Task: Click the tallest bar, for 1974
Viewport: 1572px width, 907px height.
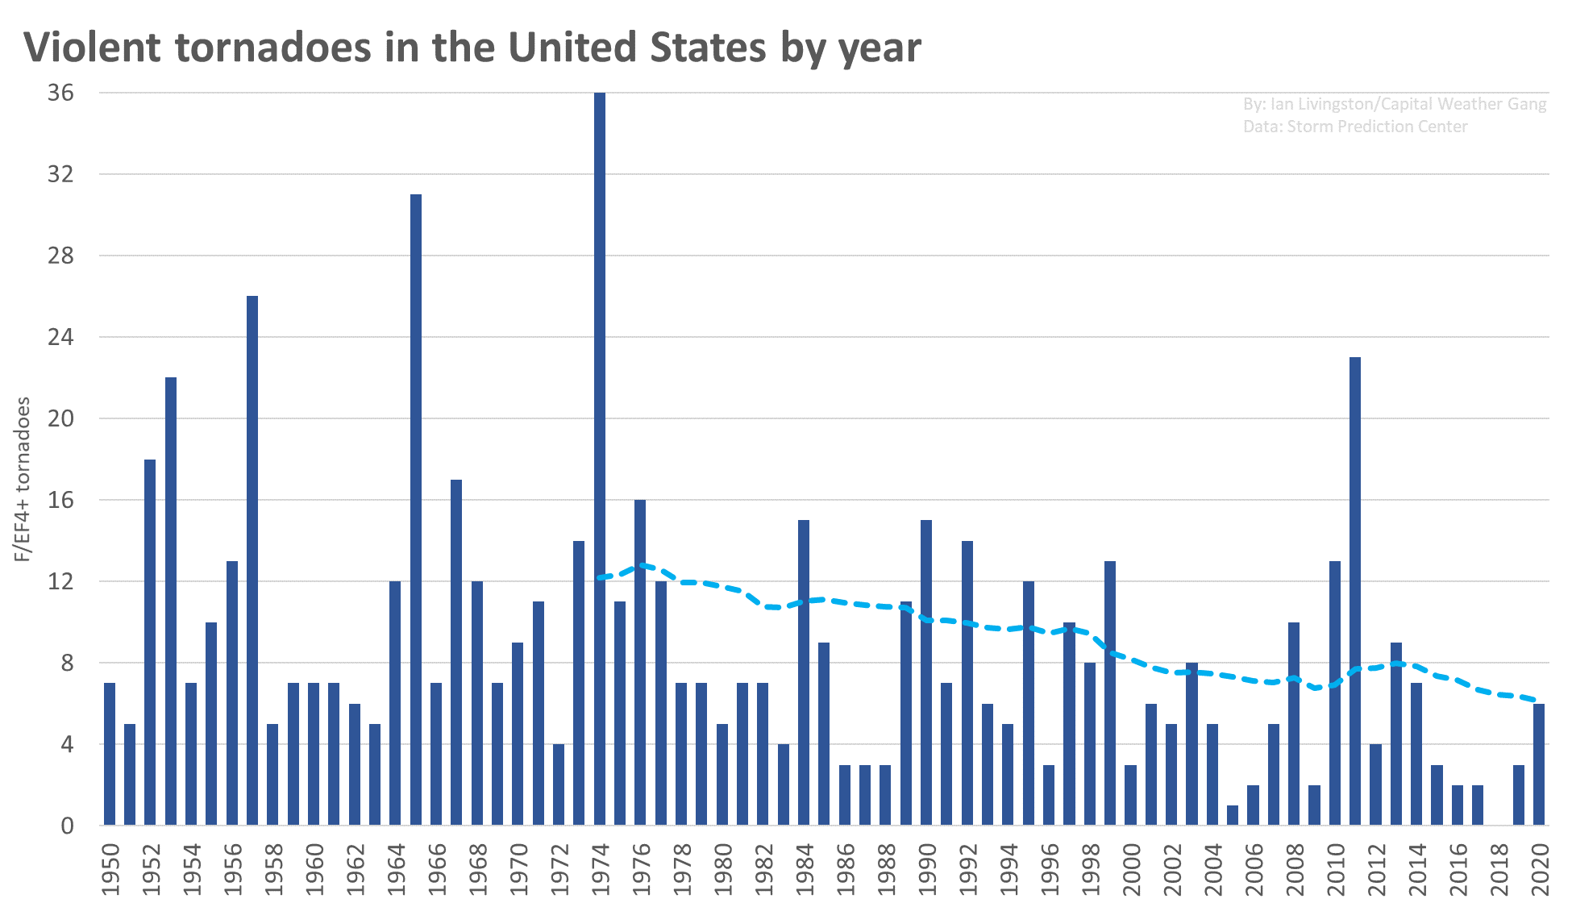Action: coord(599,460)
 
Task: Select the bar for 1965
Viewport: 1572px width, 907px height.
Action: coord(415,510)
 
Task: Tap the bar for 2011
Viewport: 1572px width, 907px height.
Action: coord(1354,591)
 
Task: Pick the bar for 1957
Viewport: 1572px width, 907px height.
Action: coord(252,560)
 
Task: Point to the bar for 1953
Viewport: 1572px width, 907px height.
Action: coord(171,601)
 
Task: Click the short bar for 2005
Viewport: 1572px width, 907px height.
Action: coord(1232,815)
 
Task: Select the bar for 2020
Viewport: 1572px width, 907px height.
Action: coord(1538,764)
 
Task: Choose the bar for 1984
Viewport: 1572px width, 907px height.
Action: coord(803,672)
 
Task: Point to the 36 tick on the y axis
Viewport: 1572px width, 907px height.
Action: coord(60,93)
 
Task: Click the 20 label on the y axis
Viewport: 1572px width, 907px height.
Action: coord(60,418)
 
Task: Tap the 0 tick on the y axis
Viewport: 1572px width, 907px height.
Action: coord(66,826)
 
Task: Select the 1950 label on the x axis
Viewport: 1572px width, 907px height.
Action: coord(110,869)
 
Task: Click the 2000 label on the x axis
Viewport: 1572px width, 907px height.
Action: coord(1131,869)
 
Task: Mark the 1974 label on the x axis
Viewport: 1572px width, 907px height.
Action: coord(601,869)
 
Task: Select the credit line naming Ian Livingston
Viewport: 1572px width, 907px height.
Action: coord(1394,104)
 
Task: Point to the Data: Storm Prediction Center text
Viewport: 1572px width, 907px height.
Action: coord(1354,127)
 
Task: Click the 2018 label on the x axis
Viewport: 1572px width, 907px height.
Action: coord(1499,869)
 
